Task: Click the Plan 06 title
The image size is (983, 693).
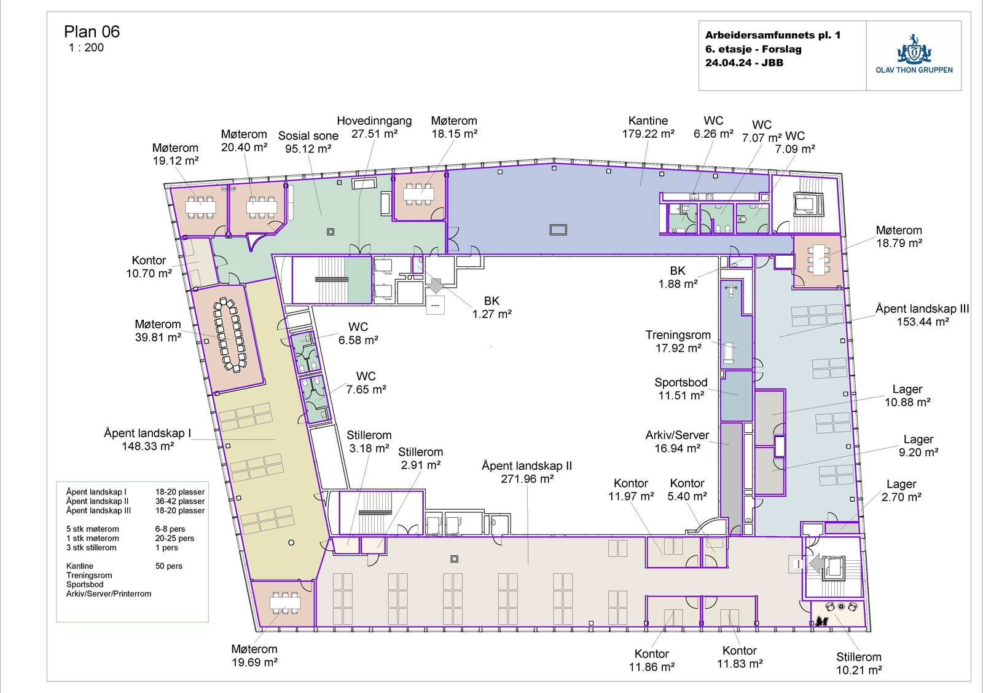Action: pos(92,32)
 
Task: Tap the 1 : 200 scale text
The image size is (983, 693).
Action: pos(86,47)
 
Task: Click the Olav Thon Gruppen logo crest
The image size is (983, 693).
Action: pos(914,50)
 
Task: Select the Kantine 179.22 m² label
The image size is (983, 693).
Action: pos(648,127)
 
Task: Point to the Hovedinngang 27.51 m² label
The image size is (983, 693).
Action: pos(374,127)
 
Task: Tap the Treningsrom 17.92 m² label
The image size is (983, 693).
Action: pos(678,341)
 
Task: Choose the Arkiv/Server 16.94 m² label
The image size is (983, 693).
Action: pos(677,442)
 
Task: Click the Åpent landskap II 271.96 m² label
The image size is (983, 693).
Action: pos(527,472)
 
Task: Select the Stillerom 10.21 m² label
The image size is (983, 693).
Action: pos(858,663)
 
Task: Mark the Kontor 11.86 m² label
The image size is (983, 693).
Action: pos(651,660)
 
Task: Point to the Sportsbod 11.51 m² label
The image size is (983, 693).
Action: pos(681,389)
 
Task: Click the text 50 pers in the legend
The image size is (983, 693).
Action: pos(168,566)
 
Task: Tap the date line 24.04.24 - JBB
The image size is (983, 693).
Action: pos(744,63)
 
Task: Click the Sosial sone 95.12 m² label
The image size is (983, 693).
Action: pos(308,142)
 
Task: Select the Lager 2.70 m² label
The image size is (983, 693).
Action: pos(901,491)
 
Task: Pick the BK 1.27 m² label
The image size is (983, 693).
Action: pos(491,307)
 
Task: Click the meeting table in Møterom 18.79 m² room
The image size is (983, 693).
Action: pos(818,260)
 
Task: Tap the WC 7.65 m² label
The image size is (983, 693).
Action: pos(366,382)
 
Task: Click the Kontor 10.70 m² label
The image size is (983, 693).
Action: pos(149,267)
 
